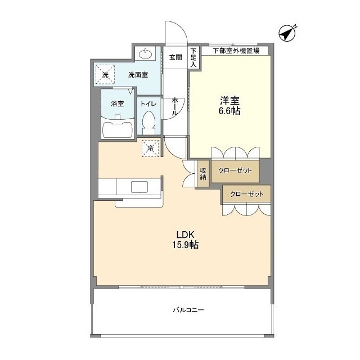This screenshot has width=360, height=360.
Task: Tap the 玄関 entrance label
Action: (175, 57)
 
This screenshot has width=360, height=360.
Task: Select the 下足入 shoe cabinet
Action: (193, 57)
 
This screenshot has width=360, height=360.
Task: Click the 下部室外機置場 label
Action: (236, 51)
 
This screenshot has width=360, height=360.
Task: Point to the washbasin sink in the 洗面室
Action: (145, 54)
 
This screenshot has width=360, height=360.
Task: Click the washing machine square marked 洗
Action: (105, 74)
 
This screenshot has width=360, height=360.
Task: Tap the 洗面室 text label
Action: (138, 75)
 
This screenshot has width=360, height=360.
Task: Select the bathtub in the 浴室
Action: (118, 129)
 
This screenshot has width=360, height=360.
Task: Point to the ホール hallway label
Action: (175, 106)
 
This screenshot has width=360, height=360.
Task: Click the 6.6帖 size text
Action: (229, 111)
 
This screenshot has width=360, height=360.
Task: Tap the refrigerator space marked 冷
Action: (150, 148)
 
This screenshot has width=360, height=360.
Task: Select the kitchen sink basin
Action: (139, 187)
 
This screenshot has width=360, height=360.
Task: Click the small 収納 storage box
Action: (203, 174)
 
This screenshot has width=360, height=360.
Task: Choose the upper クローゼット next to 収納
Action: (235, 171)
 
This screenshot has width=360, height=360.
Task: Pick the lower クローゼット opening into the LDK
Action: (246, 194)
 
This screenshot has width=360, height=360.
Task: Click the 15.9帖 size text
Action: (186, 245)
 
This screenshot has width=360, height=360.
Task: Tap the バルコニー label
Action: (188, 310)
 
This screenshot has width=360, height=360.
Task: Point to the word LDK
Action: (185, 235)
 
